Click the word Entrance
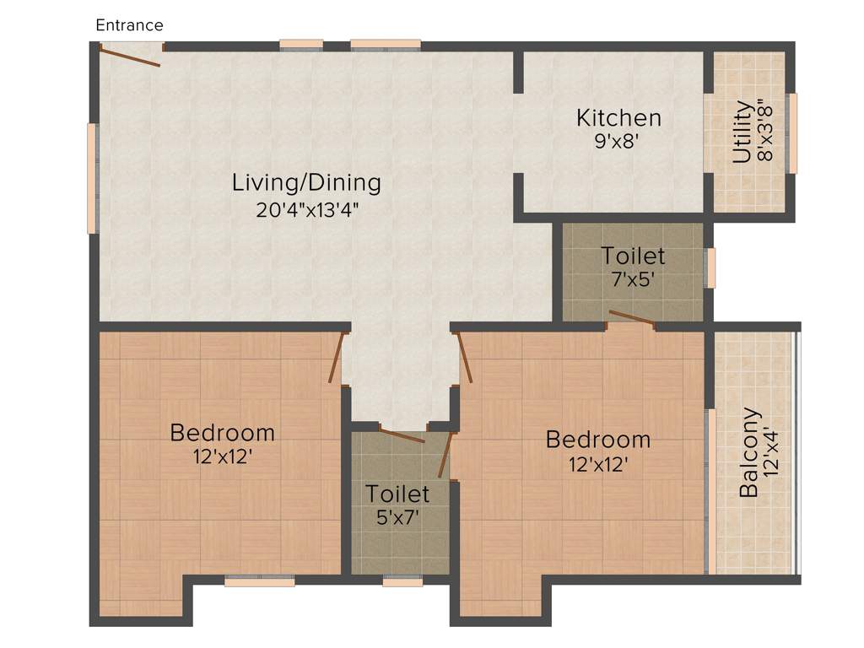(129, 25)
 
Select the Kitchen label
(618, 118)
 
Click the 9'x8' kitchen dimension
(618, 142)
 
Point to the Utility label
(742, 132)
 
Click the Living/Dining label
(307, 182)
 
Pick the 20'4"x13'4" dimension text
(307, 209)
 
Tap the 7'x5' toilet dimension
(633, 279)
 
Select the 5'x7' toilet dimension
(397, 517)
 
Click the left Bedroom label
(222, 434)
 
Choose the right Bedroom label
(597, 440)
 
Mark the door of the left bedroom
(337, 358)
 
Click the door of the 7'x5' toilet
(632, 317)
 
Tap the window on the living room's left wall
(92, 178)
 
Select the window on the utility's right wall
(792, 132)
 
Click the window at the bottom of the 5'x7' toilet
(402, 580)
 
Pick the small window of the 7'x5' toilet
(711, 268)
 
